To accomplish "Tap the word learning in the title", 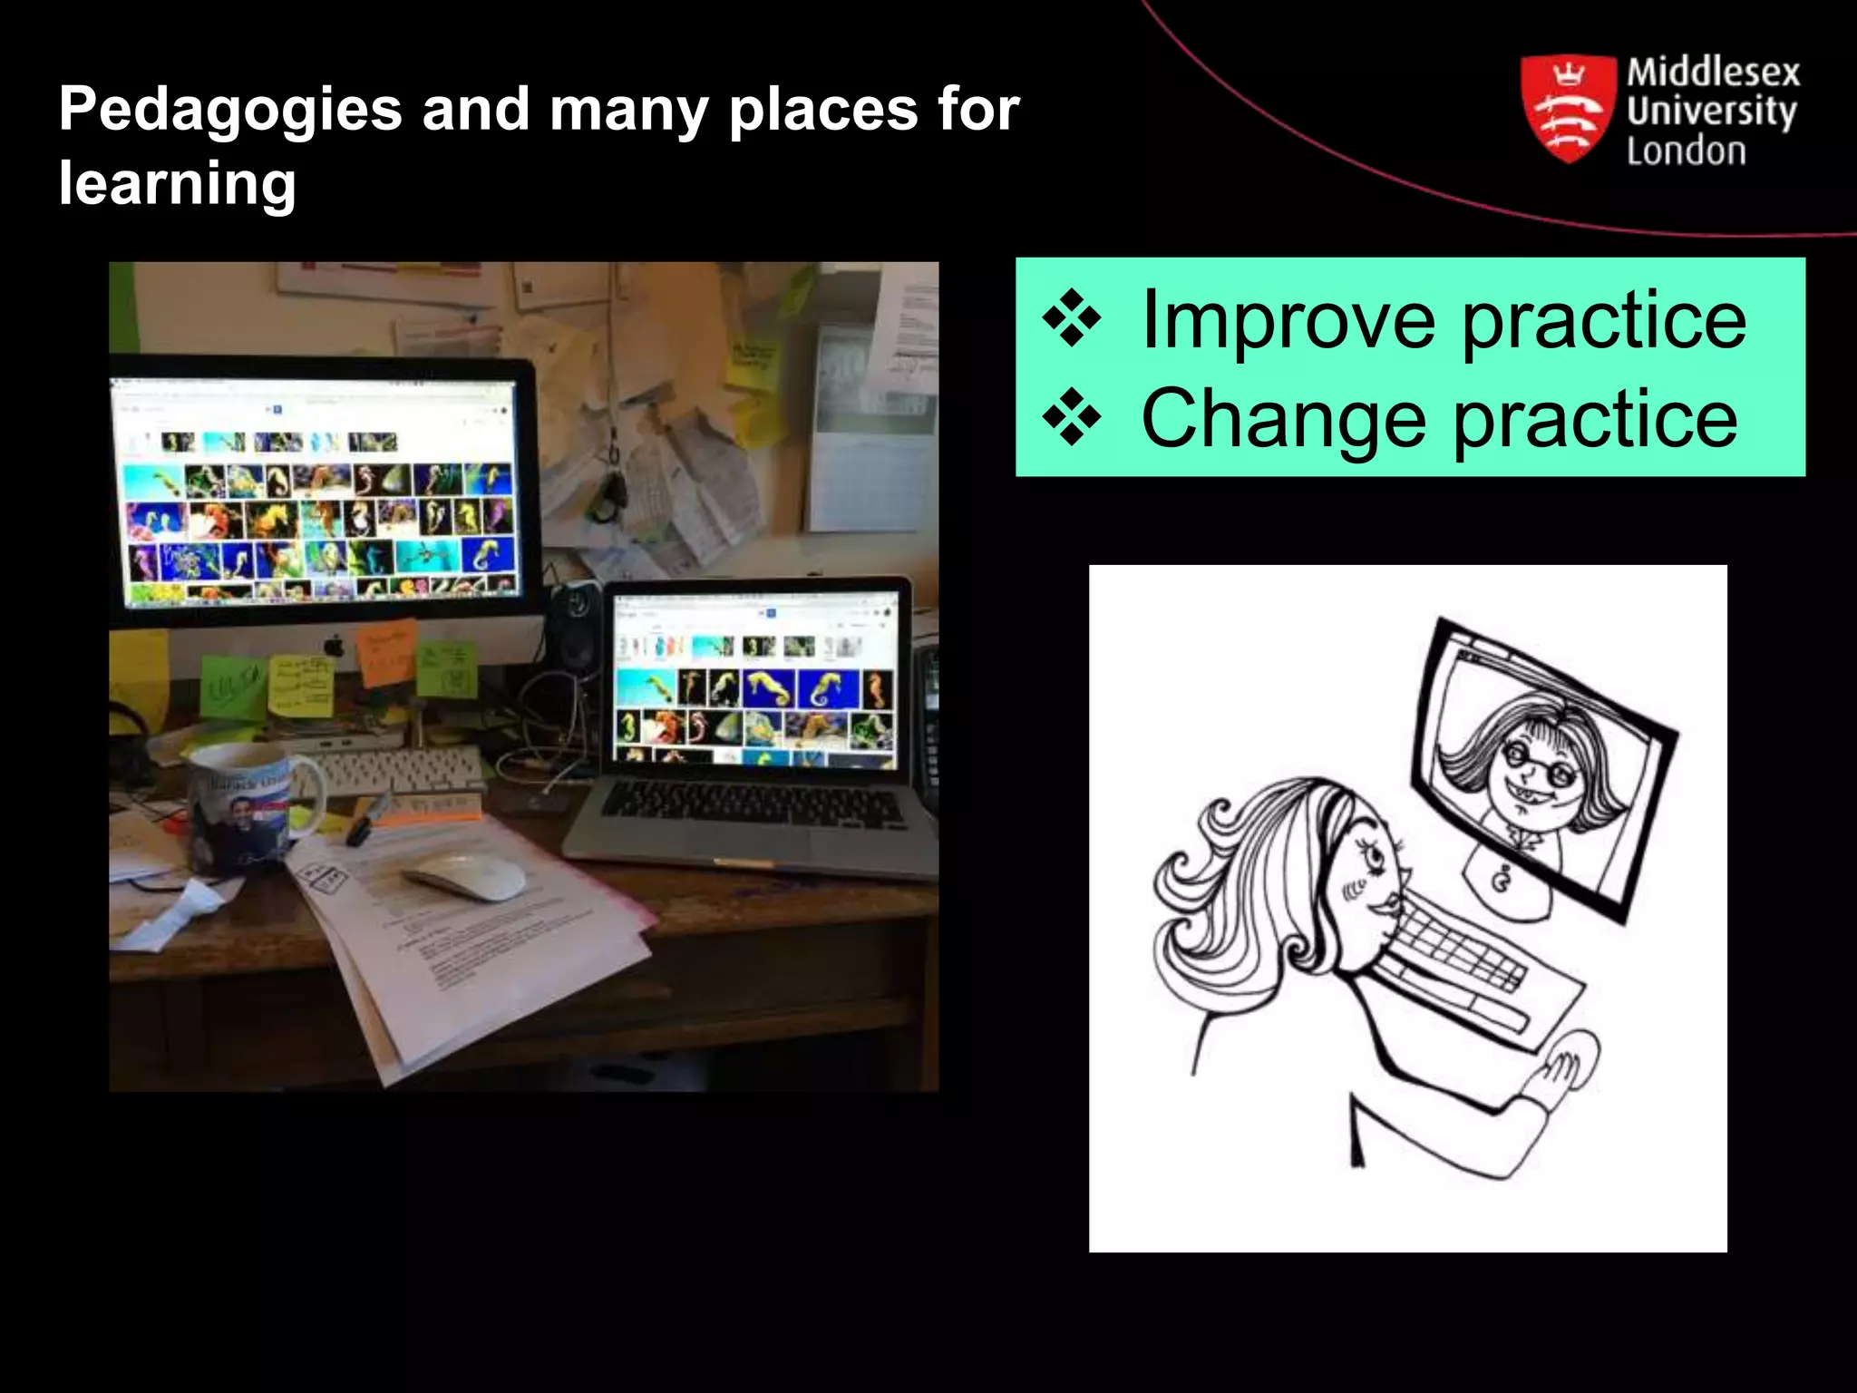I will coord(178,184).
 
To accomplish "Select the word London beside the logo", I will coord(1686,151).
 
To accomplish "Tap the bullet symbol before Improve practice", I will coord(1072,319).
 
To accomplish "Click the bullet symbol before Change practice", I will coord(1072,418).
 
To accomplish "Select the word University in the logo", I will coord(1710,112).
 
